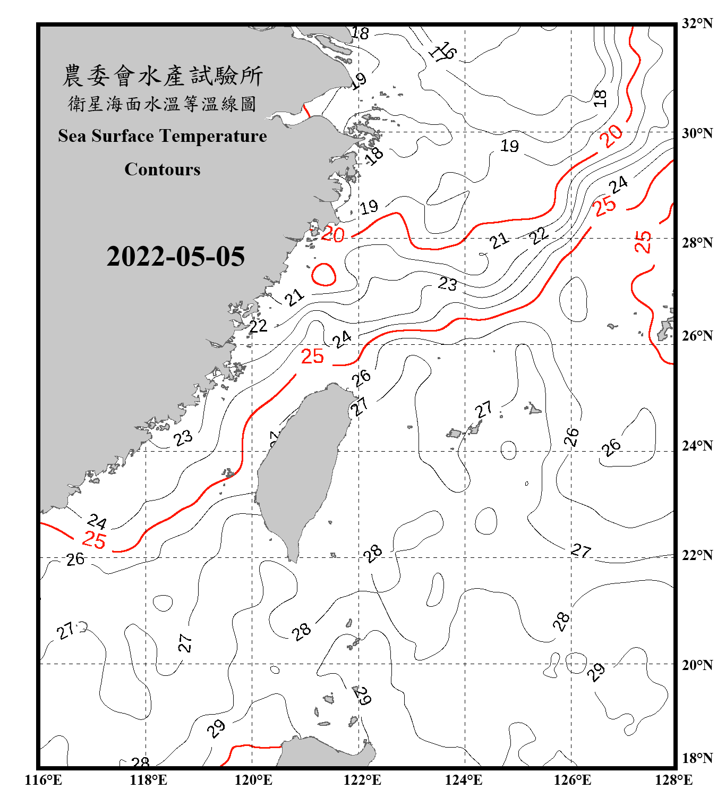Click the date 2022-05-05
[x=176, y=257]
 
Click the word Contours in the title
[x=163, y=169]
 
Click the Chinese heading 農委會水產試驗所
[x=163, y=76]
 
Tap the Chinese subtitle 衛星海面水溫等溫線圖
[x=163, y=104]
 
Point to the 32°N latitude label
[x=697, y=23]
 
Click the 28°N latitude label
[x=697, y=242]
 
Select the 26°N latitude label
[x=697, y=336]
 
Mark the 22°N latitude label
[x=697, y=555]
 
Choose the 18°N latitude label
[x=697, y=758]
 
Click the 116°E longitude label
[x=44, y=780]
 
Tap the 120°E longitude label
[x=253, y=780]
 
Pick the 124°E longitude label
[x=464, y=780]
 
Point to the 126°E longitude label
[x=572, y=780]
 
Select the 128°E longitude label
[x=673, y=780]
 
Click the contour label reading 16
[x=443, y=52]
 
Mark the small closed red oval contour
[x=323, y=275]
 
